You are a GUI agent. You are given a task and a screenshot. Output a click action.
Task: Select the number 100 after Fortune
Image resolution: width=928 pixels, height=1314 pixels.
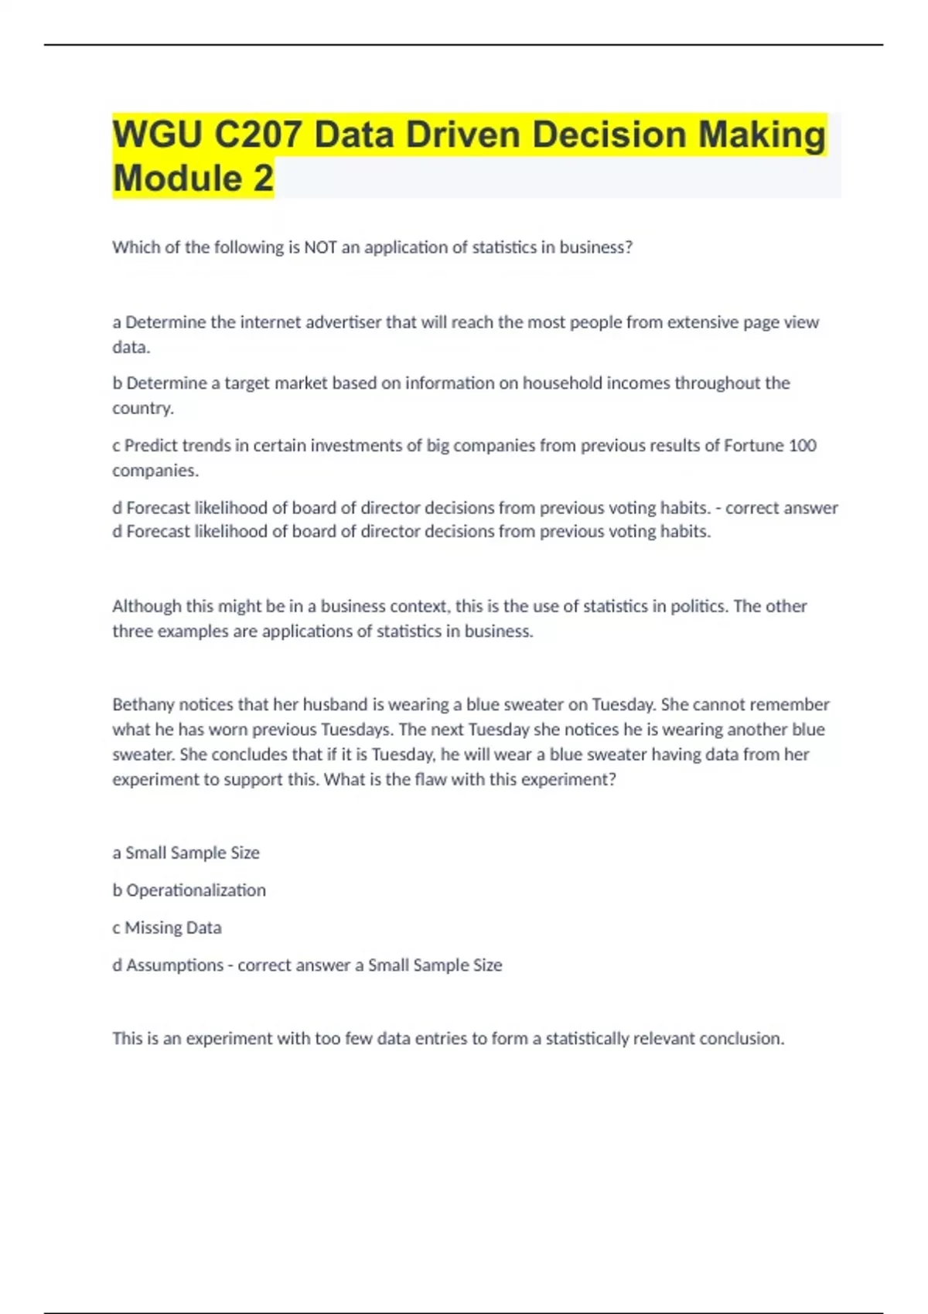802,445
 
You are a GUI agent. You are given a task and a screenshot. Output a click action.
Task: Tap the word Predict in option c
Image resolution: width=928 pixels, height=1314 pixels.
151,445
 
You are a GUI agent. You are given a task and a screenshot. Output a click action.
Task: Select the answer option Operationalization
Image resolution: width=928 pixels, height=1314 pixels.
196,890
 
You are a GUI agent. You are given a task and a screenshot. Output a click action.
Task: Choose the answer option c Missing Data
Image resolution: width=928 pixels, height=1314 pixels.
167,928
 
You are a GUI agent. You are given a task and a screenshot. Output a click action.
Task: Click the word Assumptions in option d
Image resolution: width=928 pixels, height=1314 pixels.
174,965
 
